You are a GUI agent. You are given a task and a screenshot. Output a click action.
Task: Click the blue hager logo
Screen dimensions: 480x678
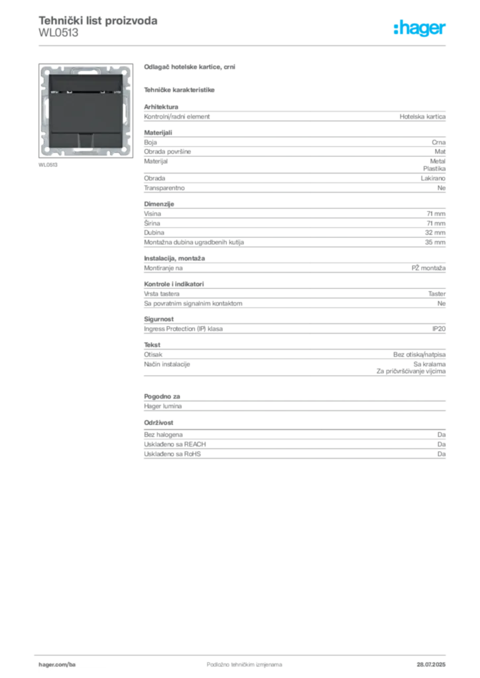click(421, 29)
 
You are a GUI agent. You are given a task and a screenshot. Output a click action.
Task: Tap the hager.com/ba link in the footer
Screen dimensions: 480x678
click(58, 662)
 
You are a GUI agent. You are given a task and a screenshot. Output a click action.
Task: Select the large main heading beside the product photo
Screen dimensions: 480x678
click(190, 67)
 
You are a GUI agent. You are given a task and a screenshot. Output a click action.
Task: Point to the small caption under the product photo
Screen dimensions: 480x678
click(48, 166)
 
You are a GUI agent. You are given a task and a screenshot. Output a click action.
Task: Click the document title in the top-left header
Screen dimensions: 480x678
click(98, 21)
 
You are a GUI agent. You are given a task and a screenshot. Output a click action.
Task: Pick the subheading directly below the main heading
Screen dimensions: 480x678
click(180, 88)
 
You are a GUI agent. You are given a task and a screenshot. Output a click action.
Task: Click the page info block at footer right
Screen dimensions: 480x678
click(434, 661)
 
